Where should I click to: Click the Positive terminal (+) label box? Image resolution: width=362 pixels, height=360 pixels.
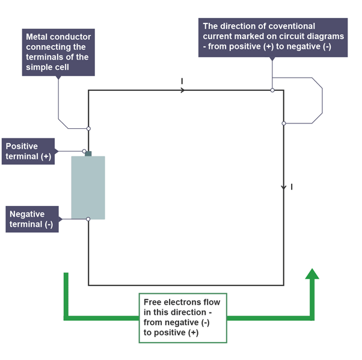tap(28, 152)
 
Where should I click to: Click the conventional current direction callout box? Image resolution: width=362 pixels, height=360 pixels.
tap(272, 37)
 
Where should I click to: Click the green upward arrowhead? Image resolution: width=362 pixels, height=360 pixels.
tap(311, 274)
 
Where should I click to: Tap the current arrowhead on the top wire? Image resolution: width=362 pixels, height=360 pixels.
tap(183, 90)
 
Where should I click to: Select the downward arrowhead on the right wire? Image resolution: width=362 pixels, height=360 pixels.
tap(284, 188)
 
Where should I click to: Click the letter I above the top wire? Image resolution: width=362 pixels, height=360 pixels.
tap(182, 80)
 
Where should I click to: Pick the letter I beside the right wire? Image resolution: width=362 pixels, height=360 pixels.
tap(292, 187)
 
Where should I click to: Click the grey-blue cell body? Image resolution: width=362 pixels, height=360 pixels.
tap(88, 187)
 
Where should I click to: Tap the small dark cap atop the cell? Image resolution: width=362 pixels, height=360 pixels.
tap(88, 154)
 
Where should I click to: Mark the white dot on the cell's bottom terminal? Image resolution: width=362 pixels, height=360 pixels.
tap(88, 219)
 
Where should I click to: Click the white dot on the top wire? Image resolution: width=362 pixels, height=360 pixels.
tap(272, 90)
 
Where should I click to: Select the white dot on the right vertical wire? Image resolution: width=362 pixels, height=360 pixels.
tap(284, 123)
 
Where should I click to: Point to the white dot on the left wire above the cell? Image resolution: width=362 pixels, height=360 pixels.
tap(88, 128)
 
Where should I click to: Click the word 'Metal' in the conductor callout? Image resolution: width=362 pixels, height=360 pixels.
tap(38, 37)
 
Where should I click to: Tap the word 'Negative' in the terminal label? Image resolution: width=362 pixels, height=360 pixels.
tap(28, 213)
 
